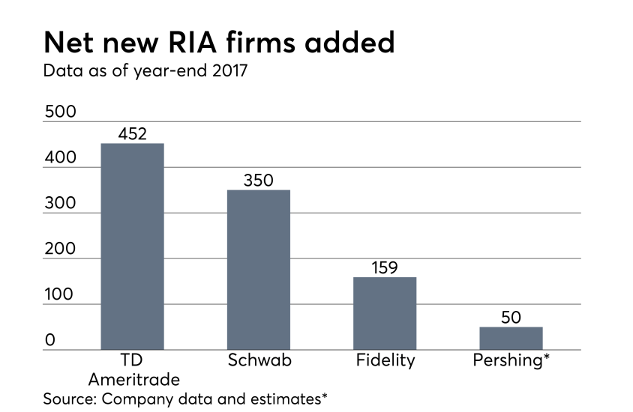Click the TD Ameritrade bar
point(132,246)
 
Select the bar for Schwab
point(259,270)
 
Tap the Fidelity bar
point(385,313)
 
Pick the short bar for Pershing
point(511,338)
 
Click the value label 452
point(133,134)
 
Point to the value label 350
point(259,181)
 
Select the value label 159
point(385,267)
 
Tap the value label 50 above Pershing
point(511,318)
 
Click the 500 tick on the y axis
point(60,112)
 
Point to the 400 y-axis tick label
point(60,158)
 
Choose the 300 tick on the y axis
point(60,204)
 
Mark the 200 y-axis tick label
point(60,249)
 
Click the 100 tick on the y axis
point(60,295)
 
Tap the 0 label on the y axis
point(49,341)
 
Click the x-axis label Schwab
point(259,360)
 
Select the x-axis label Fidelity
point(385,360)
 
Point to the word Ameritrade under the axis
point(133,379)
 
